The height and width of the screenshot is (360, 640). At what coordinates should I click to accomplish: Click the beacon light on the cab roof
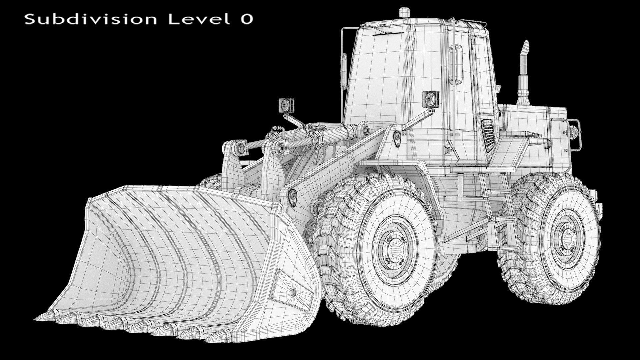404,12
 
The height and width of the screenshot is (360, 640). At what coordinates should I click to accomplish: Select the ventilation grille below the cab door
488,135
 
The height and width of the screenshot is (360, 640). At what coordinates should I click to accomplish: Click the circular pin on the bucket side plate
293,293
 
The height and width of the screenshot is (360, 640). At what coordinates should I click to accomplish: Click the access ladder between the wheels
497,213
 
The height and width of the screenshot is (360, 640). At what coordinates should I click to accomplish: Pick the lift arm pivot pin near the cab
397,135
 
